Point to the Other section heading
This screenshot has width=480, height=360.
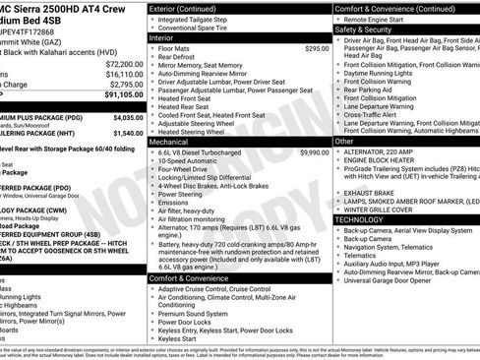[x=345, y=142]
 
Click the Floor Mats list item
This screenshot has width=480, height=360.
[x=173, y=48]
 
